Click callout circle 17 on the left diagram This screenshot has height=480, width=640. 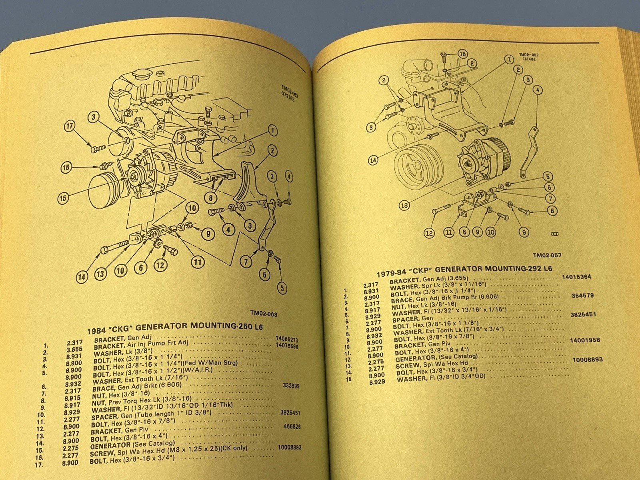point(70,127)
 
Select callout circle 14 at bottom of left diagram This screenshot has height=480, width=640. point(82,277)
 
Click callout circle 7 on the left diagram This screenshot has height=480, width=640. point(246,262)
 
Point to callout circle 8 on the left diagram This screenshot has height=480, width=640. point(211,197)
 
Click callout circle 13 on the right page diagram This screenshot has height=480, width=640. point(404,205)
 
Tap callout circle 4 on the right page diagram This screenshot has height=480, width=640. point(538,90)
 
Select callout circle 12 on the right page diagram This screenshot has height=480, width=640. point(429,233)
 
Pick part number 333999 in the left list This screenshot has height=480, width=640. point(291,386)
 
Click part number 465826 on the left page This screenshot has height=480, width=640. point(292,427)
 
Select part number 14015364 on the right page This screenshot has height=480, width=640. point(576,277)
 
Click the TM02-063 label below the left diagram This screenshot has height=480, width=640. point(264,314)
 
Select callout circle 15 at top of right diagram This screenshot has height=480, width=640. point(462,54)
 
